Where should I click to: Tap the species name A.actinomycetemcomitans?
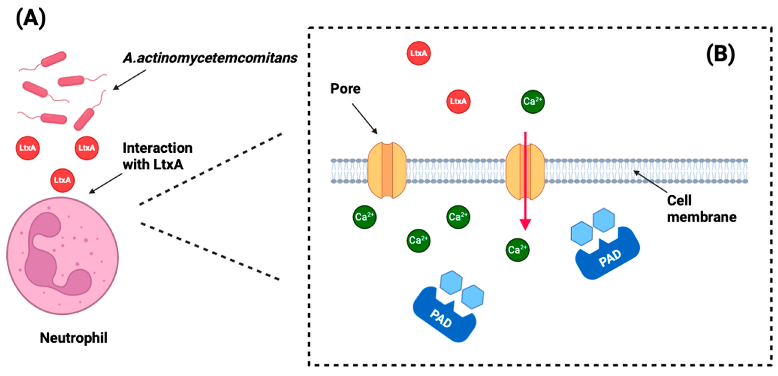210,58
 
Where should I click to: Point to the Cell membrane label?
701,209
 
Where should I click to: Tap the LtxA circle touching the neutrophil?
62,180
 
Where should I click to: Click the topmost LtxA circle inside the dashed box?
418,53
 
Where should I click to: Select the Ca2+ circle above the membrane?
533,101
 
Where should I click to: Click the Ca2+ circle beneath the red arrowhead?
517,249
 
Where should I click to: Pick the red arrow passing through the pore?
525,181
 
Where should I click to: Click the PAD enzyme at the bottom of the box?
444,316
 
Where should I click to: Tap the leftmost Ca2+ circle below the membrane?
364,217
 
